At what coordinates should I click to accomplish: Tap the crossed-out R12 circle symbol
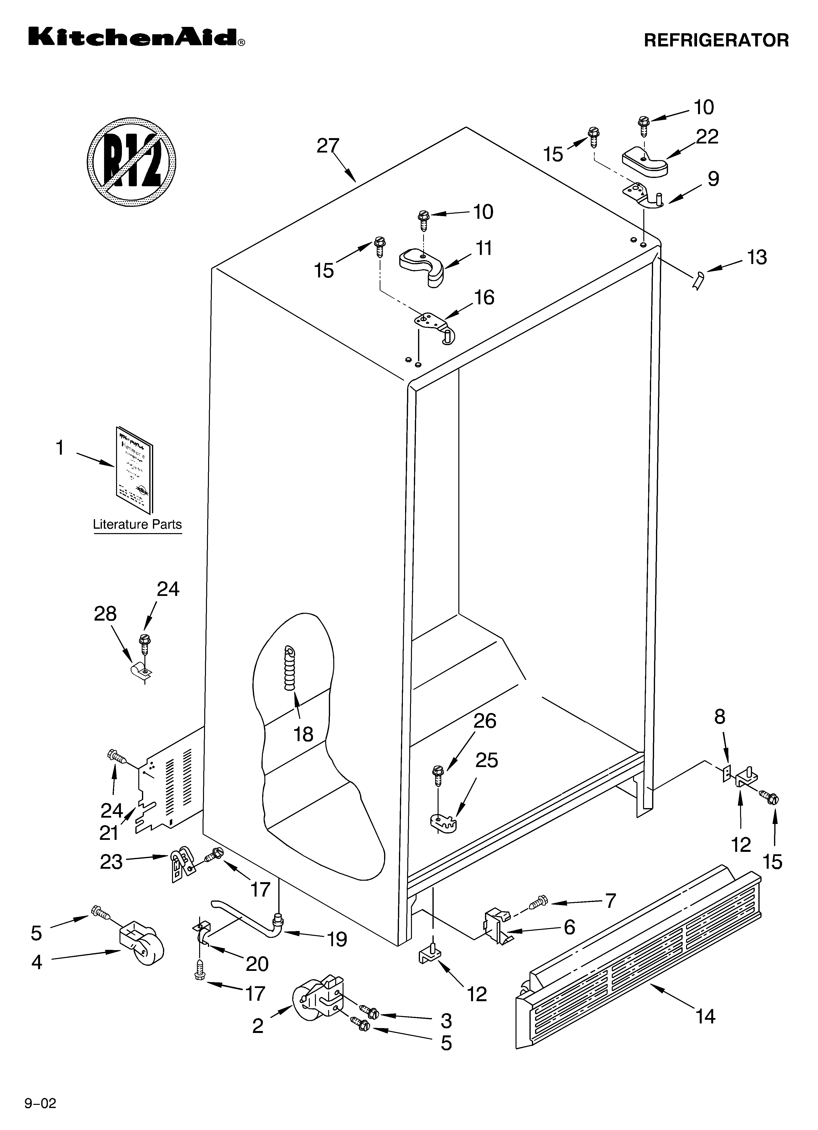click(x=131, y=162)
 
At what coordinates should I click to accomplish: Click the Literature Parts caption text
click(x=138, y=525)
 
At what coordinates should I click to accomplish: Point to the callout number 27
click(x=328, y=146)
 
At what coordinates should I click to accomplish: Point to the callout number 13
click(x=757, y=258)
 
